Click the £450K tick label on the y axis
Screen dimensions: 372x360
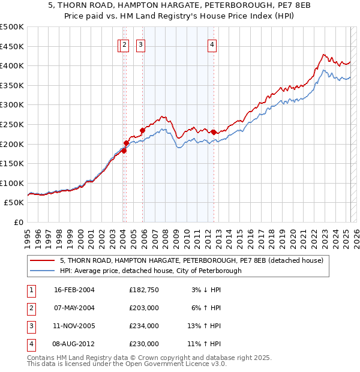pyautogui.click(x=12, y=46)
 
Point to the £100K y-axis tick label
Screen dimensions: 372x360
pyautogui.click(x=12, y=183)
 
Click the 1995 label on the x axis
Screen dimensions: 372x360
pyautogui.click(x=28, y=235)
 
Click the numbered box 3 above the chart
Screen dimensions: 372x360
pyautogui.click(x=140, y=44)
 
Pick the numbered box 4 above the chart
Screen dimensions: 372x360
pyautogui.click(x=212, y=44)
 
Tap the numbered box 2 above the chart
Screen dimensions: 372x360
pyautogui.click(x=124, y=44)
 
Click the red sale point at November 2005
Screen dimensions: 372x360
pyautogui.click(x=143, y=130)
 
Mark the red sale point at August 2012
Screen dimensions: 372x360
pyautogui.click(x=214, y=131)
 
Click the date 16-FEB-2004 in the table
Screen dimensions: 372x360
pyautogui.click(x=74, y=290)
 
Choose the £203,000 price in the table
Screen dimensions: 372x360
pyautogui.click(x=144, y=308)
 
